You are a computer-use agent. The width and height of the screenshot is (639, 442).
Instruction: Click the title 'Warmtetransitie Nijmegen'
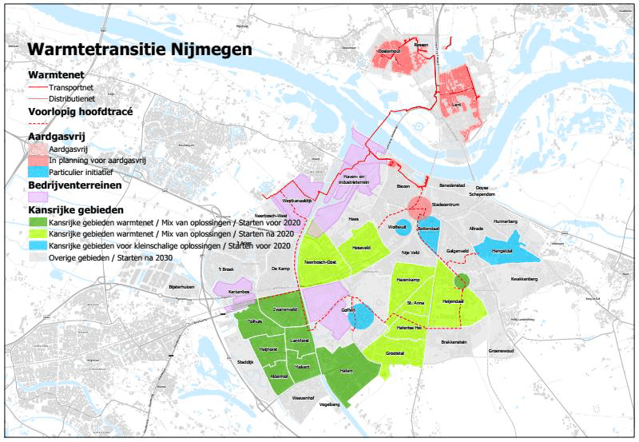[x=140, y=49]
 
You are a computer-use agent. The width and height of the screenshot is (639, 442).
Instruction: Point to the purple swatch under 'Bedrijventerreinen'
[x=37, y=197]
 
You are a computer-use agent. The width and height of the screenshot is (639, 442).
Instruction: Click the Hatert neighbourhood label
[x=347, y=371]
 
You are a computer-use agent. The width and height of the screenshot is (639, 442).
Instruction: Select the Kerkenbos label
[x=230, y=293]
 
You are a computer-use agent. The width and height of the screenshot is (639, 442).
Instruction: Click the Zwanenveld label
[x=285, y=309]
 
